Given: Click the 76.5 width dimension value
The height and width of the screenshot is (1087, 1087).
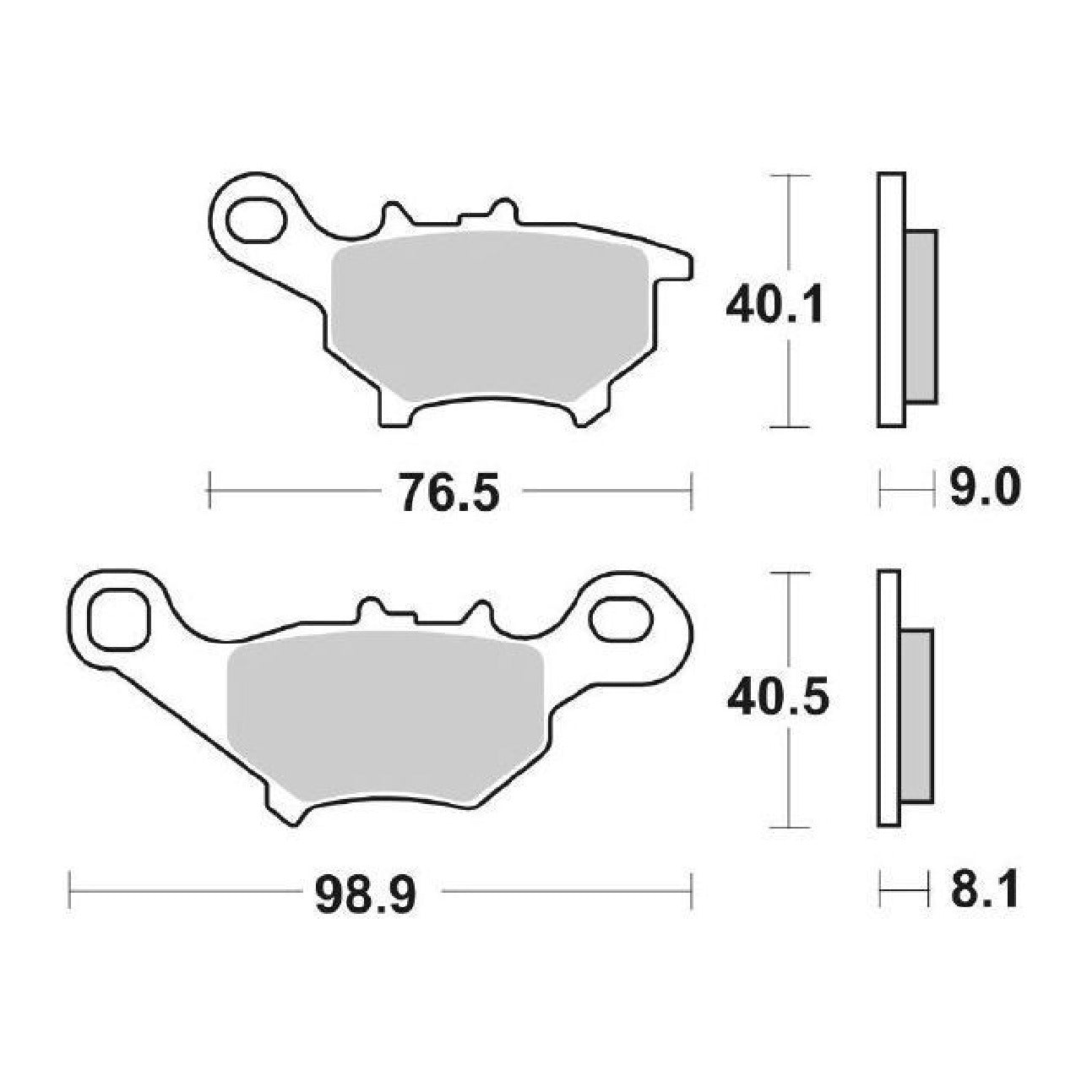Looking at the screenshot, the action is click(449, 492).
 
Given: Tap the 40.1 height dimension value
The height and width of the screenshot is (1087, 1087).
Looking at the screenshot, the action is click(774, 305).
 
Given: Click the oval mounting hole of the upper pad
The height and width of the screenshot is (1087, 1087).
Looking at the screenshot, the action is click(256, 219).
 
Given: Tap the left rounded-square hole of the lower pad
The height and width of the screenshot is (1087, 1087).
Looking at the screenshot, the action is click(121, 619).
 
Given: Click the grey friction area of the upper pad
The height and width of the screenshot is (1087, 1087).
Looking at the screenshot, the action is click(488, 316).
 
